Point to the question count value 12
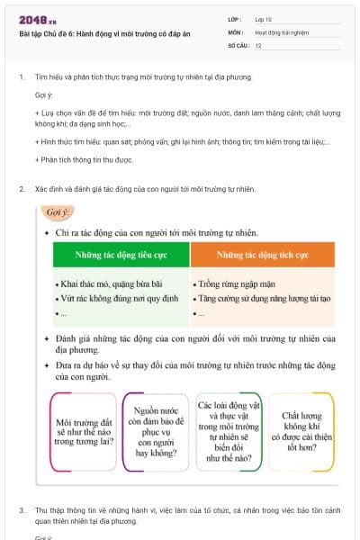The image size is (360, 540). pos(258,45)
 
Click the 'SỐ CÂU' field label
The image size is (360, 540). pos(238,45)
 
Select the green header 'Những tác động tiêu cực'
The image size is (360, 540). pos(121,256)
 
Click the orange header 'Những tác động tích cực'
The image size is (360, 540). pos(263,256)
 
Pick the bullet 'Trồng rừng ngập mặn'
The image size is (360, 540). pos(232,283)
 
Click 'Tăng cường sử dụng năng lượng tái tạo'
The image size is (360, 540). pos(259,297)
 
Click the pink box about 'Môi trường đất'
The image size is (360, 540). pos(84,431)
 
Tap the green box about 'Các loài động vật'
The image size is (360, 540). pos(229,430)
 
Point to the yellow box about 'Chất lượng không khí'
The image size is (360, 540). pos(301,431)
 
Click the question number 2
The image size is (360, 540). pos(22,189)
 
